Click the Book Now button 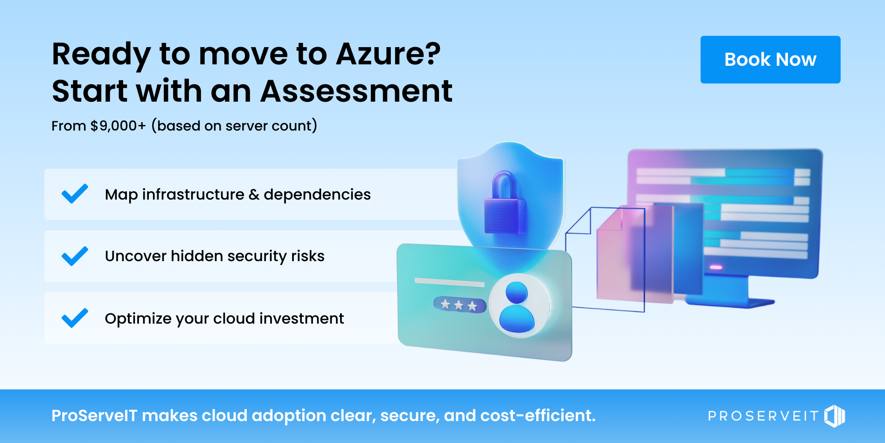coord(770,60)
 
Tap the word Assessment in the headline coord(356,91)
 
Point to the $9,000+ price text coord(118,126)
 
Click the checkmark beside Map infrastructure coord(75,194)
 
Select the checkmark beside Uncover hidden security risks coord(75,256)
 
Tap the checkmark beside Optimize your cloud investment coord(75,318)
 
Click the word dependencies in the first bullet coord(317,194)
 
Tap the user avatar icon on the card coord(517,307)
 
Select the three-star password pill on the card coord(460,305)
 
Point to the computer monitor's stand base coord(730,302)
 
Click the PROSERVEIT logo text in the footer coord(763,416)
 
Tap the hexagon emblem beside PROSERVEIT coord(835,415)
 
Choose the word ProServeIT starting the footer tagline coord(94,415)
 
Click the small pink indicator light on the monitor coord(716,267)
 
